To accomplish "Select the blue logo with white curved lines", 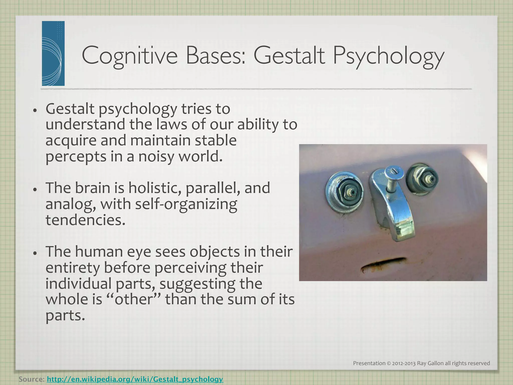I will (x=53, y=53).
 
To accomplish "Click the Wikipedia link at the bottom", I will (x=135, y=379).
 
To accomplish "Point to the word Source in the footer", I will (x=31, y=379).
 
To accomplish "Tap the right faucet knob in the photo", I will (x=422, y=180).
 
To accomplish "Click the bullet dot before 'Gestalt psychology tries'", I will (x=35, y=110).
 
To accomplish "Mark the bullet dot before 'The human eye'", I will (x=35, y=253).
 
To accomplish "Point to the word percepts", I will (x=76, y=157).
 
